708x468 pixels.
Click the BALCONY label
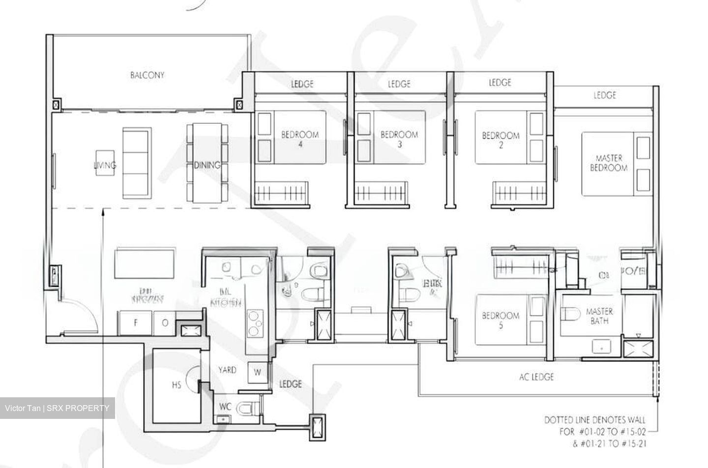coord(147,75)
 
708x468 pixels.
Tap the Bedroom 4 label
coord(300,139)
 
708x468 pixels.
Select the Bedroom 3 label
coord(399,139)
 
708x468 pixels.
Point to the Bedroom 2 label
coord(501,140)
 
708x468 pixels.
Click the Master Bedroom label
coord(609,163)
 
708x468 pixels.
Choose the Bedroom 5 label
coord(501,320)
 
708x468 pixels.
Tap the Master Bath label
coord(599,316)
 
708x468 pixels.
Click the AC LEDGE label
coord(536,377)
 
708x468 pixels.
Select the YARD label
coord(227,370)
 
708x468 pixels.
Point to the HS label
coord(177,385)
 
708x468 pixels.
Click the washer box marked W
coord(257,373)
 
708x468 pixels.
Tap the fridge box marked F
coord(136,323)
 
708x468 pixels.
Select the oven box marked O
coord(165,323)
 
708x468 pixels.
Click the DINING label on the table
coord(206,165)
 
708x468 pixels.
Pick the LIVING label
coord(105,165)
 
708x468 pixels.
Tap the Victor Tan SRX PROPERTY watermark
coord(57,408)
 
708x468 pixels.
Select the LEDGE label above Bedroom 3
coord(399,84)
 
